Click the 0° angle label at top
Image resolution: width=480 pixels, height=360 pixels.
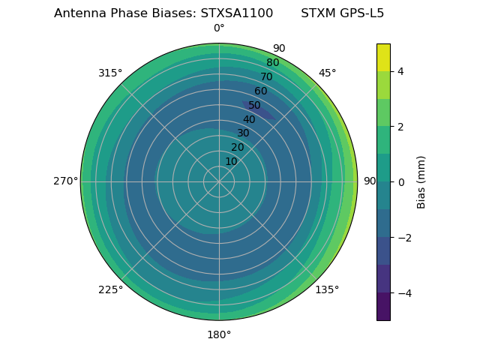219,28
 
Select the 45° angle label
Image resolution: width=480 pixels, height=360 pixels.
327,73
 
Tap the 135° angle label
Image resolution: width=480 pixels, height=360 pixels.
327,289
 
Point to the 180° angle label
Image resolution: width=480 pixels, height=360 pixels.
219,334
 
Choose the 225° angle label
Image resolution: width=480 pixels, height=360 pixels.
110,289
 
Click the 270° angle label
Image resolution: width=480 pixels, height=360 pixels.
65,181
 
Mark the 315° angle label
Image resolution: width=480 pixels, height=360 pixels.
110,73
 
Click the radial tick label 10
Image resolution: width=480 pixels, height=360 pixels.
231,161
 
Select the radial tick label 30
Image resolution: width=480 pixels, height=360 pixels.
243,133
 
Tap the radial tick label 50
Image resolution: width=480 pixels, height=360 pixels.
254,105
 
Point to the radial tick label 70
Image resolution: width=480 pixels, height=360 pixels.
266,76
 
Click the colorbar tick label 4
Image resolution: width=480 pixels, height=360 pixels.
400,71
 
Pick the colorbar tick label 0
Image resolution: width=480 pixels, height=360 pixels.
400,181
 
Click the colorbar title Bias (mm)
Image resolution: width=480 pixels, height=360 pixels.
421,181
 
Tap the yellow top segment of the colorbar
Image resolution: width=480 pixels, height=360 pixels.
383,57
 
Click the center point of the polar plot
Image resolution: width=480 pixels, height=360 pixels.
219,181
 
